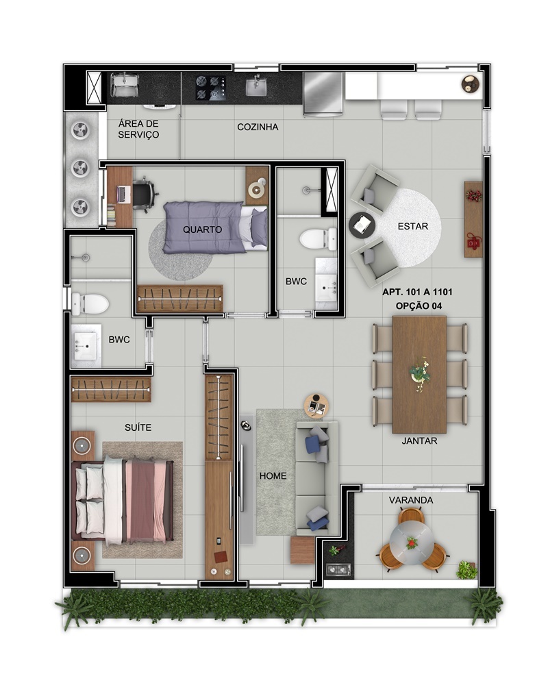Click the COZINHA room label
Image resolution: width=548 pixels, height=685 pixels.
pos(258,127)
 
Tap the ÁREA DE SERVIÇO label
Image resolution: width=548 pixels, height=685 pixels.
pos(138,129)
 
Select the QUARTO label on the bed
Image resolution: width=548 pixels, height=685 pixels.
pos(202,229)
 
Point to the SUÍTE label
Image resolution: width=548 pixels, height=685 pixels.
pos(138,427)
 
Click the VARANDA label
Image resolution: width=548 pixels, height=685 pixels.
pos(411,500)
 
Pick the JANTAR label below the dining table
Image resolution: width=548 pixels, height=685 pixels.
pos(419,440)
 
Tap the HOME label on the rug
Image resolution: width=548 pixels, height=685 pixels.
pos(273,476)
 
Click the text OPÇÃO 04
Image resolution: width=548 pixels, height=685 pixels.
pos(419,306)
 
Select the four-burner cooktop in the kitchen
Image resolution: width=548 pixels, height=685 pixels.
pos(211,88)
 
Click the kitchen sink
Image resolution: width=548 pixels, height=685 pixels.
pos(257,86)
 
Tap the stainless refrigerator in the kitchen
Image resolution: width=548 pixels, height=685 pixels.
pos(323,94)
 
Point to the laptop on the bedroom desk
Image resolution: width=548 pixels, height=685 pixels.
pos(123,195)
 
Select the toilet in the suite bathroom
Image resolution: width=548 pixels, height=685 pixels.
pos(90,304)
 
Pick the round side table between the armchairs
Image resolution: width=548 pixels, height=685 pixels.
pos(362,225)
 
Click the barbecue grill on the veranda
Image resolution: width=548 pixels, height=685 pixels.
pos(338,569)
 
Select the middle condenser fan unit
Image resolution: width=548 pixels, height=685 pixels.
pos(81,169)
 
